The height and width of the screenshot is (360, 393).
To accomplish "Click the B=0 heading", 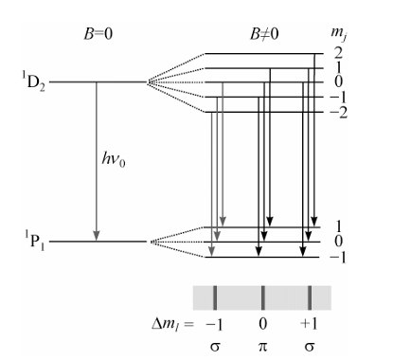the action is [98, 34].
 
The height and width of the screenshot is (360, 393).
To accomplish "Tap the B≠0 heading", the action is [264, 34].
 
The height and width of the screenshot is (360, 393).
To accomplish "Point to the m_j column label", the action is [339, 34].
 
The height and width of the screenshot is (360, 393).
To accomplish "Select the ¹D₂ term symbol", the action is [33, 81].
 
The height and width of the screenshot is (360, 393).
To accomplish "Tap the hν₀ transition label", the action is [114, 159].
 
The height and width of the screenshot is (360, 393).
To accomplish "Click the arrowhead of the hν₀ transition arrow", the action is [97, 236].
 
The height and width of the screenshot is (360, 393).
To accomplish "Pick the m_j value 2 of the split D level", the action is [338, 53].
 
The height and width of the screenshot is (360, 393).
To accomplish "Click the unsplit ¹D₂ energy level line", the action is [98, 82].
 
